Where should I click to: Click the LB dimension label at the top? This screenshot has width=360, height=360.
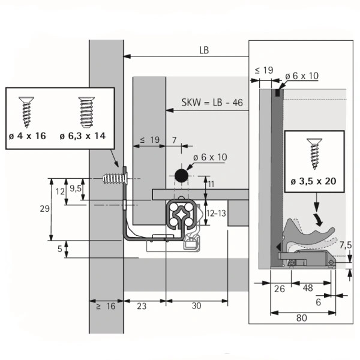[x=204, y=50]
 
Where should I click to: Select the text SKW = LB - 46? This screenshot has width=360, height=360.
[x=212, y=102]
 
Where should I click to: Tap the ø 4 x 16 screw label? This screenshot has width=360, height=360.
[x=28, y=136]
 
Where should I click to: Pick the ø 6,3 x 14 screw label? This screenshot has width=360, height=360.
[x=83, y=136]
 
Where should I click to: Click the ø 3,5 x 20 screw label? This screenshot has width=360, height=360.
[x=314, y=182]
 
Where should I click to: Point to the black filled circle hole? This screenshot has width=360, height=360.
[x=180, y=176]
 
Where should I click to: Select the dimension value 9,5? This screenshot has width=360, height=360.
[x=76, y=188]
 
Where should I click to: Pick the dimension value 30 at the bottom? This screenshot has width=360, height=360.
[x=196, y=306]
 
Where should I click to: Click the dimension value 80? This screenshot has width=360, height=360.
[x=301, y=319]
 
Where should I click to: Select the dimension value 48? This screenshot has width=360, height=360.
[x=308, y=288]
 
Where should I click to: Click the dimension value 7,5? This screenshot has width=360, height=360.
[x=345, y=244]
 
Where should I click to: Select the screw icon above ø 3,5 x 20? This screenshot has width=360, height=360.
[x=314, y=153]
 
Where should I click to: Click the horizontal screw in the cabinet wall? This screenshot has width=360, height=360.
[x=114, y=179]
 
